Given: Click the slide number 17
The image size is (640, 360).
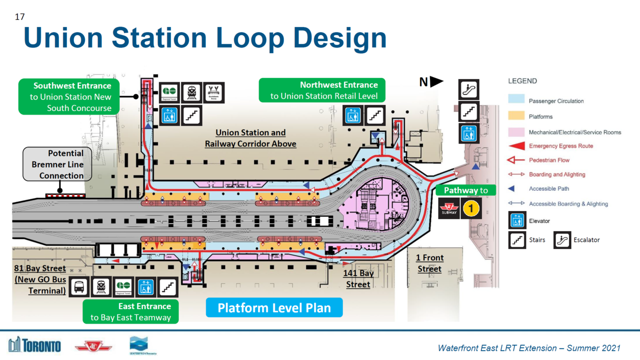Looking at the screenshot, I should point(20,17).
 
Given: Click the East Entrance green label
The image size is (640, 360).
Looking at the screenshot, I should point(130,311).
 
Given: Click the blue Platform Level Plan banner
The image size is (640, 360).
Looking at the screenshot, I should point(274,307).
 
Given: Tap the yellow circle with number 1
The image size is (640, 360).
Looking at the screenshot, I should point(471,208).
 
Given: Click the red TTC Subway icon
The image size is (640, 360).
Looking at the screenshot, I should point(448,208).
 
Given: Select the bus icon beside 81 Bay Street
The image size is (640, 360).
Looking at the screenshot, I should point(79,287).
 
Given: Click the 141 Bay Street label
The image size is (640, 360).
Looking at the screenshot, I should point(358,279).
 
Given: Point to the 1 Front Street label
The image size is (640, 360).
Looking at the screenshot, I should point(429,263).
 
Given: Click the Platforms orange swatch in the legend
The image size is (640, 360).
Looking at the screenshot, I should point(516,116).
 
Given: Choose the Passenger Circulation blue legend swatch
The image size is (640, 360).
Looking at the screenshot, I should point(516,100).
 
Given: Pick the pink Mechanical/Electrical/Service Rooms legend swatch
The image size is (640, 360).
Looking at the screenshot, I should point(516,132).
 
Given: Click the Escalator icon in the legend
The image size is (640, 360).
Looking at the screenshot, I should point(562,240).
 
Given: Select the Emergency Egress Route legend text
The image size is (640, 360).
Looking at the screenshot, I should point(561,146).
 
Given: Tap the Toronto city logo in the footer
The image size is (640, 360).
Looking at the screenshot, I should point(34,345).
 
